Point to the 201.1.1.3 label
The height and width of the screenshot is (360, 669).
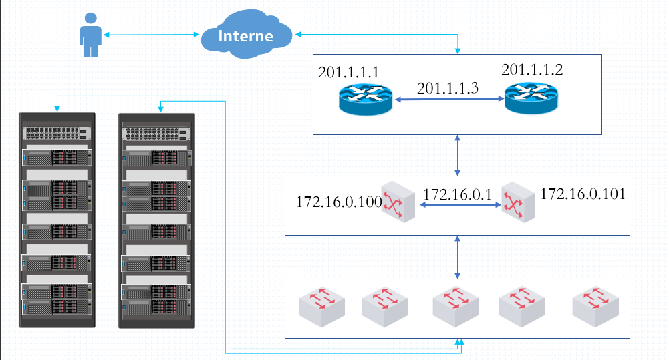(448, 88)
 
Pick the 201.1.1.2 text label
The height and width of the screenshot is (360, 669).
(532, 69)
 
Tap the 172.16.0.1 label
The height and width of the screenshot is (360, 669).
(458, 194)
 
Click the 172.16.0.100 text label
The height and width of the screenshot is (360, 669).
(338, 201)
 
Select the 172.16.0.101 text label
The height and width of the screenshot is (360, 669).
(582, 194)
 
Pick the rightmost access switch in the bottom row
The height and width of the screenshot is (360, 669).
(595, 307)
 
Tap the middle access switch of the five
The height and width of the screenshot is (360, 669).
(454, 307)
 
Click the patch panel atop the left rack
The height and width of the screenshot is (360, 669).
(57, 133)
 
